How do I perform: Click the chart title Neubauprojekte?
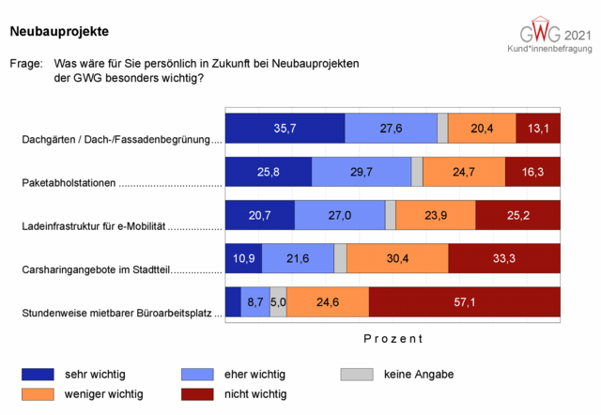click(x=58, y=32)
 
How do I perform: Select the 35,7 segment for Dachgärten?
click(x=285, y=128)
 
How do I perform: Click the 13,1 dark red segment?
click(x=538, y=128)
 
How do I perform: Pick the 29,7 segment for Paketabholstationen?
click(x=362, y=172)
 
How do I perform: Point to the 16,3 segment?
click(x=532, y=172)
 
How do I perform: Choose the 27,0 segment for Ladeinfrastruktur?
click(x=338, y=215)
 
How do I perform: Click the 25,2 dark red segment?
click(x=517, y=215)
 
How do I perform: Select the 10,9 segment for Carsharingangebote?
click(x=243, y=258)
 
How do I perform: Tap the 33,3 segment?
click(x=504, y=258)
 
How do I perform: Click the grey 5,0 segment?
click(x=278, y=302)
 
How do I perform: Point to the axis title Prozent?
click(x=393, y=338)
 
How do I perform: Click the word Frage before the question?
click(x=25, y=64)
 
